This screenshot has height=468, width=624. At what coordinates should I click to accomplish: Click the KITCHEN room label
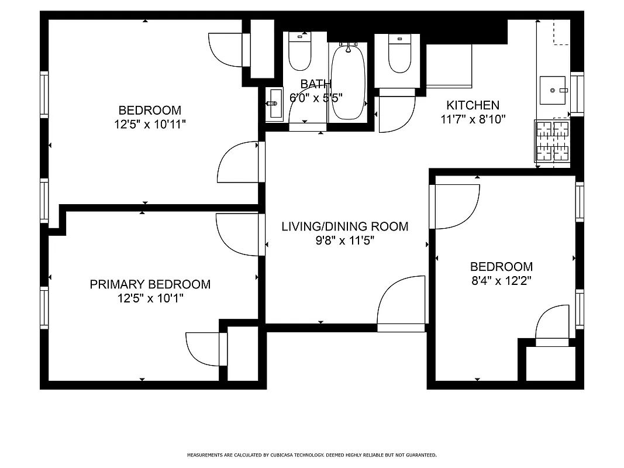click(473, 105)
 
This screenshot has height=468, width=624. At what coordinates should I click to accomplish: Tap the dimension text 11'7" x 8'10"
click(473, 119)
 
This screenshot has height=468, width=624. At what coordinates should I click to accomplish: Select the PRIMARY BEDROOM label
click(150, 284)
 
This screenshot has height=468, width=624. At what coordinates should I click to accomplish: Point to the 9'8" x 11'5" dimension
click(344, 240)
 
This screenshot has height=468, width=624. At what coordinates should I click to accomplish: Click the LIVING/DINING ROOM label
click(344, 226)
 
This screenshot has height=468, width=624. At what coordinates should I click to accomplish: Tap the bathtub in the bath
click(348, 82)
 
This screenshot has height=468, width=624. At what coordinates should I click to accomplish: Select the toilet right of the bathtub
click(400, 54)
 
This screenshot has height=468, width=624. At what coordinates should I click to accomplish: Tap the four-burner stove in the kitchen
click(552, 140)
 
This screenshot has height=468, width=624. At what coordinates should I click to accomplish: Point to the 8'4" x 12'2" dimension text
click(501, 280)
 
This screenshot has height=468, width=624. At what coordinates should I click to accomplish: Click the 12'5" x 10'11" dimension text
click(150, 124)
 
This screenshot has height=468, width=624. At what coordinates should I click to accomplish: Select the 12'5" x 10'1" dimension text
click(150, 298)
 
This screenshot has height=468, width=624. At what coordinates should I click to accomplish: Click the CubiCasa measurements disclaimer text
click(312, 455)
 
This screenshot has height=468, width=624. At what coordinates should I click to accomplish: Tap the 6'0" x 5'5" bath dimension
click(316, 97)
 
